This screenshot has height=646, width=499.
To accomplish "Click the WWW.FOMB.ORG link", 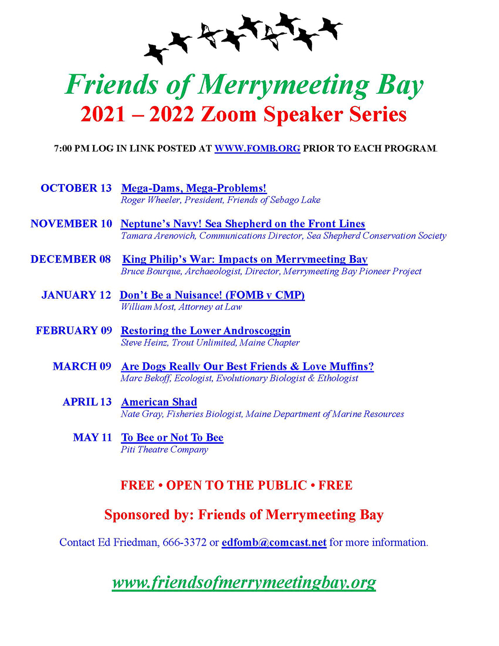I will click(x=257, y=149).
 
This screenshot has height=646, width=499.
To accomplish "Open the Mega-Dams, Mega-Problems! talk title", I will click(x=194, y=189).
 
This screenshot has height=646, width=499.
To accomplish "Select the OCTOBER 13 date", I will click(x=76, y=189).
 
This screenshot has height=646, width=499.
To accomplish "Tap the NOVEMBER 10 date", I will click(x=71, y=224).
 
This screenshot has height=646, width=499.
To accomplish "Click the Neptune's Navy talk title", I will click(x=243, y=224).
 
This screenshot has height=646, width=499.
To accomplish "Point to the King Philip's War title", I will click(x=245, y=260).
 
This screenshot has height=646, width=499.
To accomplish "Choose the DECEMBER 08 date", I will click(x=71, y=260).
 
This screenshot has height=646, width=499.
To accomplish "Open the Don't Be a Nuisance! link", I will click(x=212, y=295).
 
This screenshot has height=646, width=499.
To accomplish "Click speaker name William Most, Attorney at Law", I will click(x=181, y=307).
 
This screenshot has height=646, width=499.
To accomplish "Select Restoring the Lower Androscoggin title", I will click(x=206, y=330).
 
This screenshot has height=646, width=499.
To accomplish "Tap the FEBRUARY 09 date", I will click(x=74, y=330).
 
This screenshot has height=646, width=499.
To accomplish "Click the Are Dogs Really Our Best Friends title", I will click(x=247, y=367).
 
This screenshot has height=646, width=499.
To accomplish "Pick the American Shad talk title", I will click(x=159, y=402).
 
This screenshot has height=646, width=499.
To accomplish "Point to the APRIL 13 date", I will click(x=87, y=402).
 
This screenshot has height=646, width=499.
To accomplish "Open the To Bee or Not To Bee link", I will click(x=172, y=438).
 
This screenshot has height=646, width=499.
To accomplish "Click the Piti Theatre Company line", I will click(x=164, y=449).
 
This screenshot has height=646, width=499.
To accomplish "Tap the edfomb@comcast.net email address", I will click(x=274, y=542).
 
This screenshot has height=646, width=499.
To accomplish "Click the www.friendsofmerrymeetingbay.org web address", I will click(x=244, y=582).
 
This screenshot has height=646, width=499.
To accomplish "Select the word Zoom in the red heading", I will click(x=228, y=114).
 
